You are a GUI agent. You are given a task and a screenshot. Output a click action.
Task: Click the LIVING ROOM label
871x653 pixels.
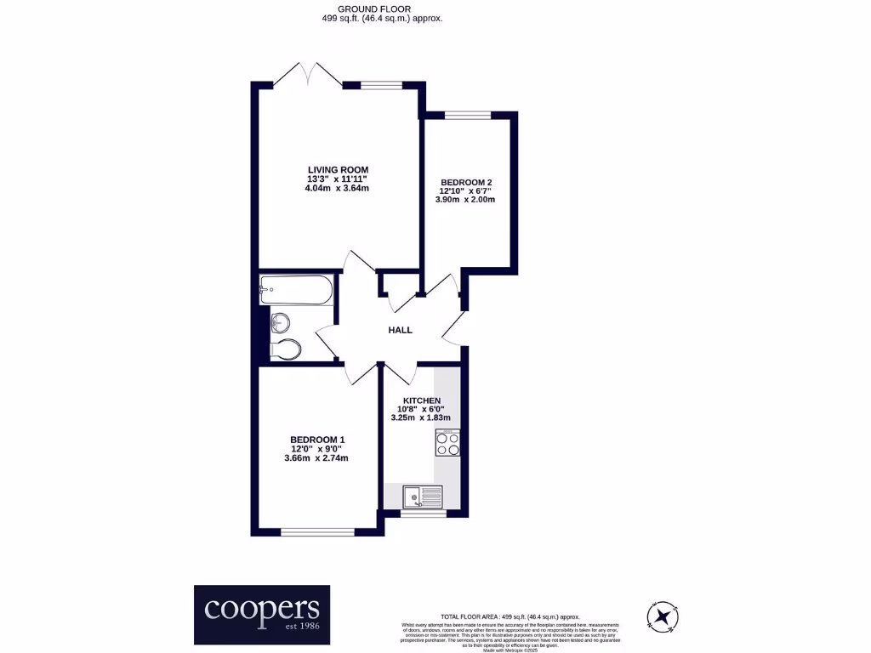click(x=338, y=168)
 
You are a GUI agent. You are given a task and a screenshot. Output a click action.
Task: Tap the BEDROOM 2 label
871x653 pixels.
click(x=466, y=181)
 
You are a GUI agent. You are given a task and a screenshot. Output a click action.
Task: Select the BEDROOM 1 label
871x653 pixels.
click(x=316, y=439)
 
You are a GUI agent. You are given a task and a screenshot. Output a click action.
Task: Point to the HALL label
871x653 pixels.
click(x=400, y=330)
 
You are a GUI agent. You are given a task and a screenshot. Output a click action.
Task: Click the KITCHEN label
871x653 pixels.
click(x=422, y=400)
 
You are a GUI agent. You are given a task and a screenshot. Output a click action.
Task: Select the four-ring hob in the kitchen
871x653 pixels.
click(x=447, y=442)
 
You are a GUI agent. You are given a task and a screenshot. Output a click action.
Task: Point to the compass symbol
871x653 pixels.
click(x=663, y=615)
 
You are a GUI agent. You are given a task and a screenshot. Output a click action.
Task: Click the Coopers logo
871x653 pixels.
click(x=262, y=614)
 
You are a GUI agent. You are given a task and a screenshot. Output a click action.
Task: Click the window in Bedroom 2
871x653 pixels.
click(x=467, y=115)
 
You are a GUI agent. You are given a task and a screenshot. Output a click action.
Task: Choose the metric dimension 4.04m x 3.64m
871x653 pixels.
click(x=338, y=189)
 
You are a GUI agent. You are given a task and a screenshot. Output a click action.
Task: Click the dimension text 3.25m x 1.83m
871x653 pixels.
click(x=422, y=418)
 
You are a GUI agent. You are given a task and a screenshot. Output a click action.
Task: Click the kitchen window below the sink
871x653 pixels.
click(x=423, y=513)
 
